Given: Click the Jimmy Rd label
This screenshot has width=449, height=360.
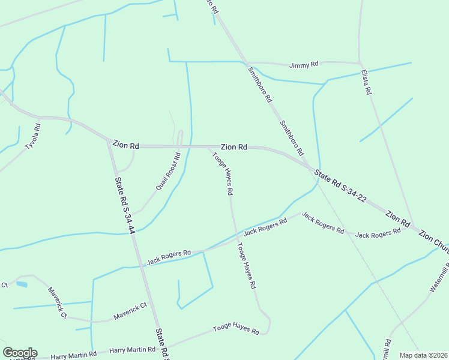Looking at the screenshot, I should click(x=303, y=65).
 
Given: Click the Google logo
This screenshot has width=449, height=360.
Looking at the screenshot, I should click(x=20, y=352).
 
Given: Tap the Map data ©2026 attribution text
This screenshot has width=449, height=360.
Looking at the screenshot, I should click(x=423, y=355).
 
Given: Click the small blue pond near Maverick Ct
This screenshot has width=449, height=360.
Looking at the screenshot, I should click(x=22, y=284).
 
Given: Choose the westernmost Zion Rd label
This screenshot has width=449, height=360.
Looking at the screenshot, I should click(x=126, y=145).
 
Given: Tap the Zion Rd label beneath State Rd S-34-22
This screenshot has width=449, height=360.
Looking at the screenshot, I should click(x=397, y=217).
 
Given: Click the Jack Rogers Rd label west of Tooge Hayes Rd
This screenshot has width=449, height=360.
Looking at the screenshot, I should click(x=169, y=257).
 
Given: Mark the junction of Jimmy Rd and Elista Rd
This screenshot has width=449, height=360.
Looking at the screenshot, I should click(x=360, y=63).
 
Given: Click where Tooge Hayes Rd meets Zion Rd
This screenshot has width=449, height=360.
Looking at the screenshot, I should click(x=208, y=146).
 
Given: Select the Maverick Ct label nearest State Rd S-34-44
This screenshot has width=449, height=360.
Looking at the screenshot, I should click(x=130, y=311).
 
